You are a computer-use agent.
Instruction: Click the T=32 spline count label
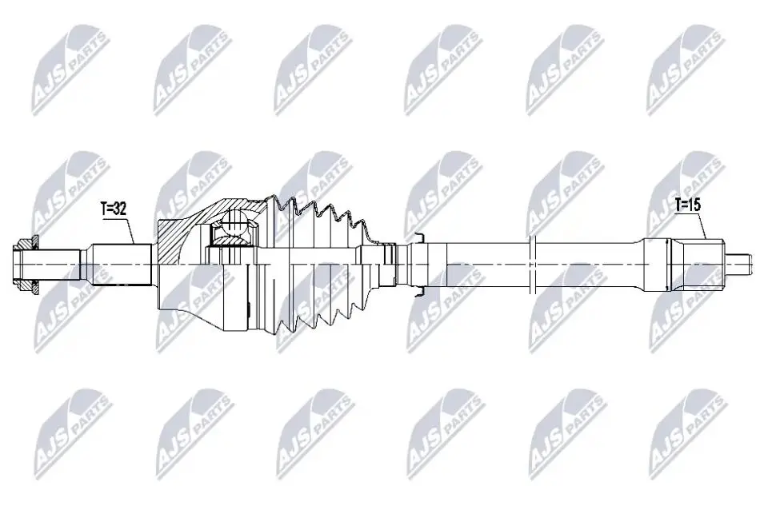[114, 209]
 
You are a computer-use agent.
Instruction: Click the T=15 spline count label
[688, 205]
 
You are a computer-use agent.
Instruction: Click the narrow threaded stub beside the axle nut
[58, 264]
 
